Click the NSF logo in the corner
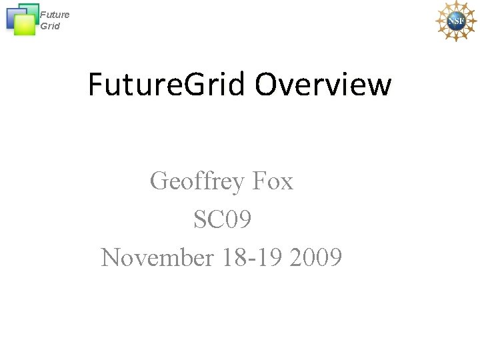(456, 21)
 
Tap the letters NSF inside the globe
(456, 21)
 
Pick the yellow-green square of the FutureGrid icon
(25, 25)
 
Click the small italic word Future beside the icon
(55, 15)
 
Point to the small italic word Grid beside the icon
(50, 26)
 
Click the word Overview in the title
(323, 85)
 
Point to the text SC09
(222, 219)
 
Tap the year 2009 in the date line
(316, 257)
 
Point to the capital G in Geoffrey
(159, 181)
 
